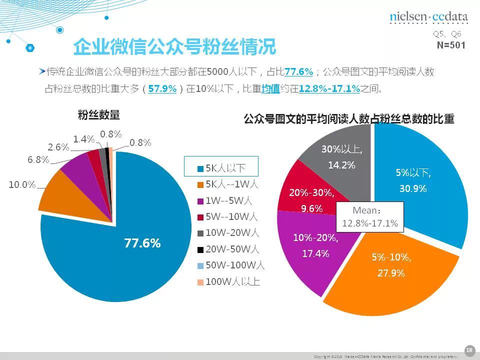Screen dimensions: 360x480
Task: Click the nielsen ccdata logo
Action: click(x=428, y=17)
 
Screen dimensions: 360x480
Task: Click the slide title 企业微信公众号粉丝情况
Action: click(x=174, y=47)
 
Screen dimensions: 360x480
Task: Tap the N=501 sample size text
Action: click(x=451, y=45)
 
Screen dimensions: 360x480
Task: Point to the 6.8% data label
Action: click(x=38, y=159)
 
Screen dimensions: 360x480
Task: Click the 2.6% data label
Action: click(x=58, y=147)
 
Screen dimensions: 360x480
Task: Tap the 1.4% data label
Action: click(x=83, y=139)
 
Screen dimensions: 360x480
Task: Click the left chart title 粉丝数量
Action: click(x=99, y=115)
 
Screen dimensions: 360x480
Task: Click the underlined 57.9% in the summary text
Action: click(x=162, y=89)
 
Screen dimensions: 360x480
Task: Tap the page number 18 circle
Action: click(x=469, y=349)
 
